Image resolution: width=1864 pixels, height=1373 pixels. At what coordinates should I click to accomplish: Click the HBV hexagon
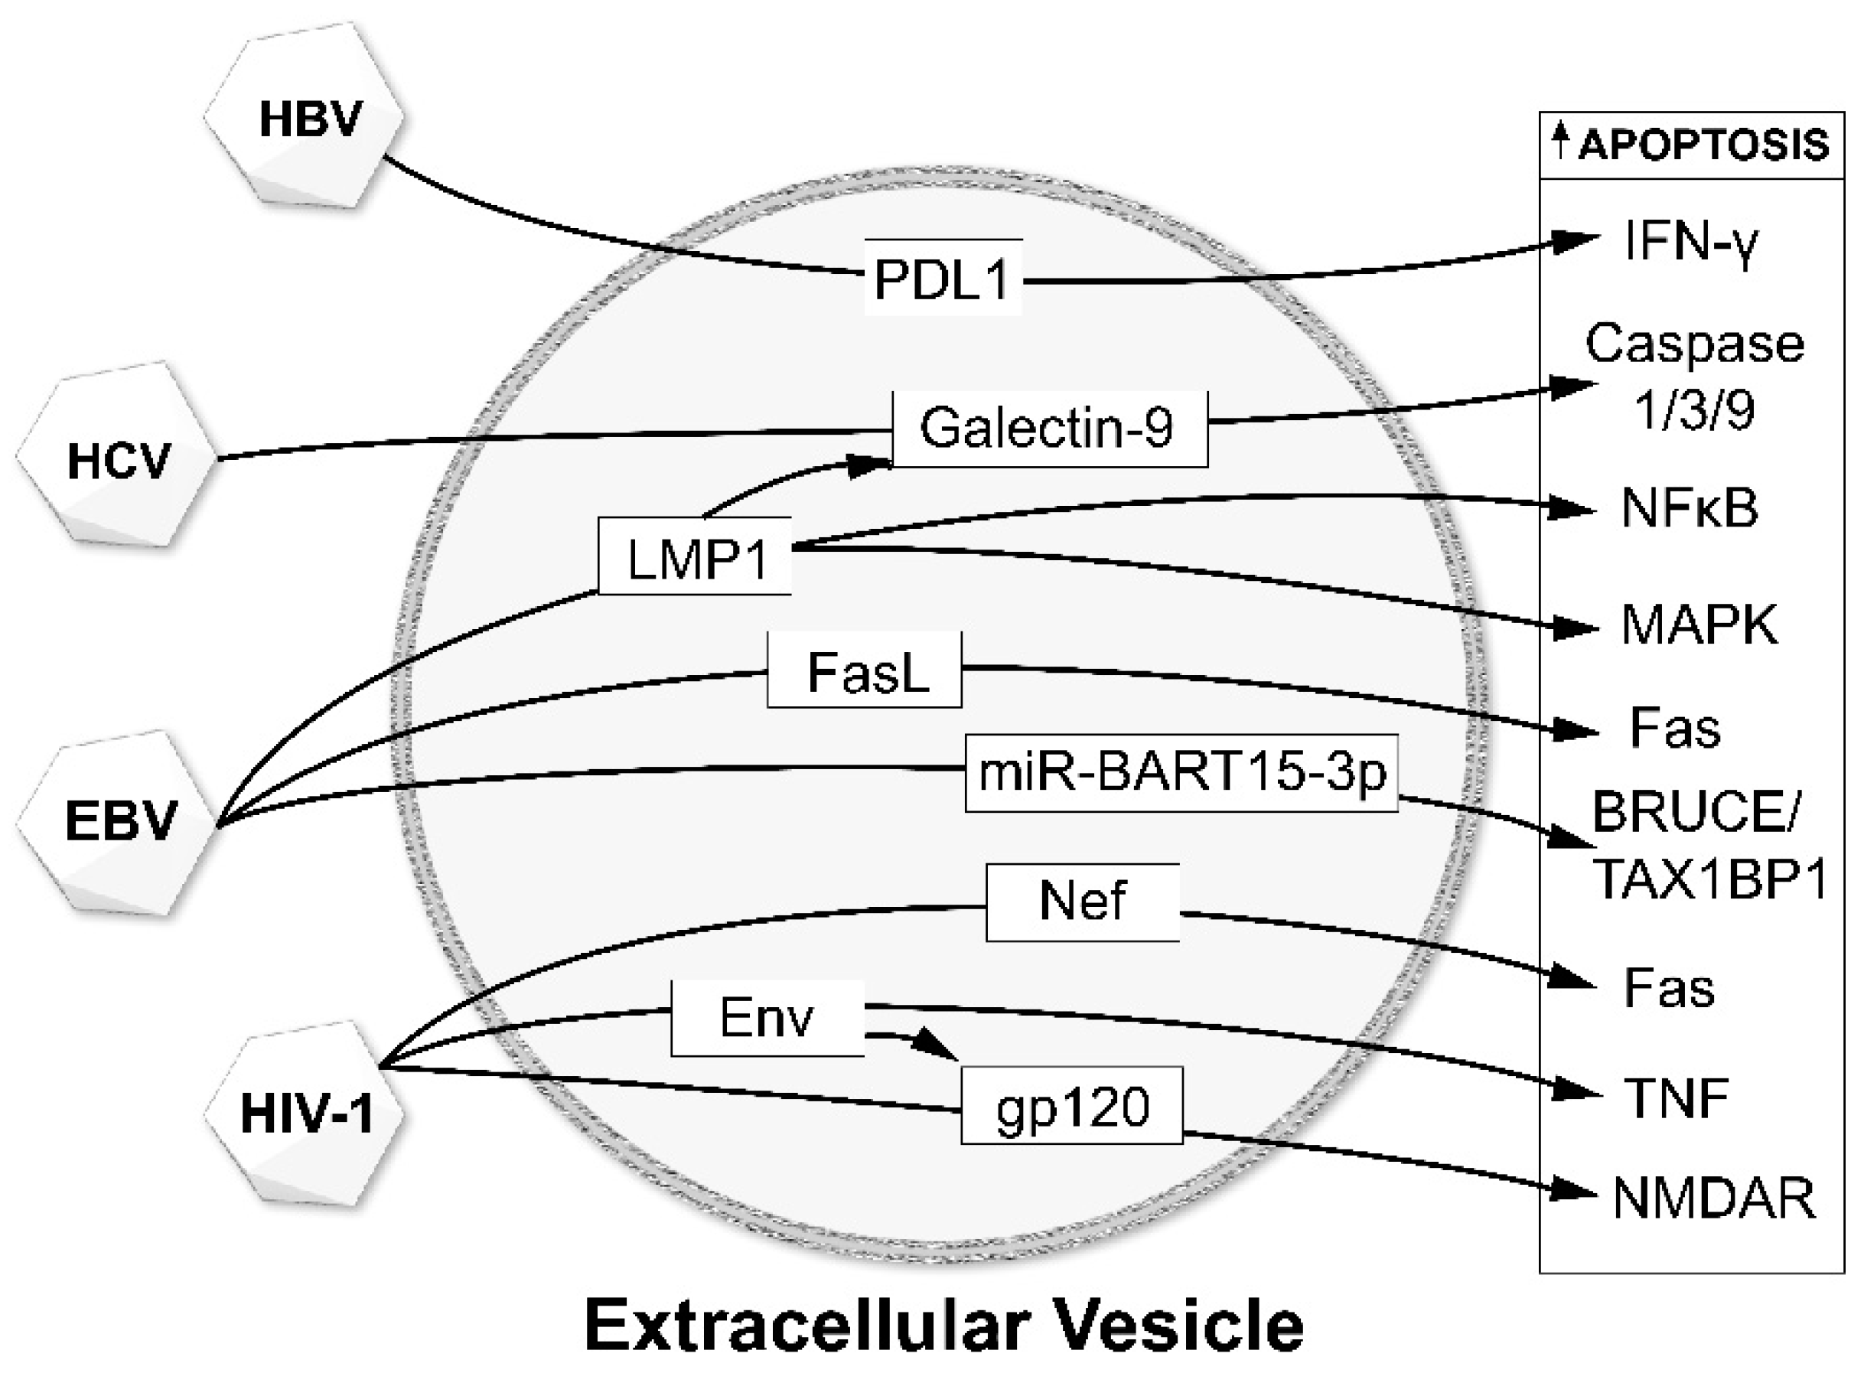point(305,116)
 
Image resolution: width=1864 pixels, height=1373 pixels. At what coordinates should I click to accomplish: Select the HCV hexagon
point(116,457)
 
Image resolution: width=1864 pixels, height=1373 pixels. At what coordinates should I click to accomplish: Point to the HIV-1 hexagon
point(305,1112)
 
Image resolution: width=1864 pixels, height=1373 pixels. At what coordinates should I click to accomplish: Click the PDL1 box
point(943,278)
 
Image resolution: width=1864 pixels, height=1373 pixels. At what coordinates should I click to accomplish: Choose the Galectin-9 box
point(1049,428)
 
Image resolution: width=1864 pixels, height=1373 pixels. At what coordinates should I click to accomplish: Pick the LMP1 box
point(695,557)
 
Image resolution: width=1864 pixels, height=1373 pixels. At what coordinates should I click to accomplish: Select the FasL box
point(864,670)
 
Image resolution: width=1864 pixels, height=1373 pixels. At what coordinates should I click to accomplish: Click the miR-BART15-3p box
point(1180,773)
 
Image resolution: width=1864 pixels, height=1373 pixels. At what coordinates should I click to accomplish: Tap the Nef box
point(1082,902)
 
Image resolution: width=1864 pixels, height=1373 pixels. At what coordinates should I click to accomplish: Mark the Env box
point(767,1018)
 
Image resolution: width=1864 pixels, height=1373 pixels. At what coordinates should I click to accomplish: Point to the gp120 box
point(1071,1105)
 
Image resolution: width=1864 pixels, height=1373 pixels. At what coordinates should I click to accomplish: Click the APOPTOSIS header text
point(1702,145)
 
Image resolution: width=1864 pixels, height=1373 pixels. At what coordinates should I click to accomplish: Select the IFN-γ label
point(1690,242)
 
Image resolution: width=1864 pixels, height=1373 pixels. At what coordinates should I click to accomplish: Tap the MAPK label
point(1699,625)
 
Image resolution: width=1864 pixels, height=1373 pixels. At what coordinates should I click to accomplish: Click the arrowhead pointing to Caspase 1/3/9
point(1575,386)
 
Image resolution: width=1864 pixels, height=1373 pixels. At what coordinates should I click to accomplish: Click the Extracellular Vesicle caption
point(944,1325)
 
